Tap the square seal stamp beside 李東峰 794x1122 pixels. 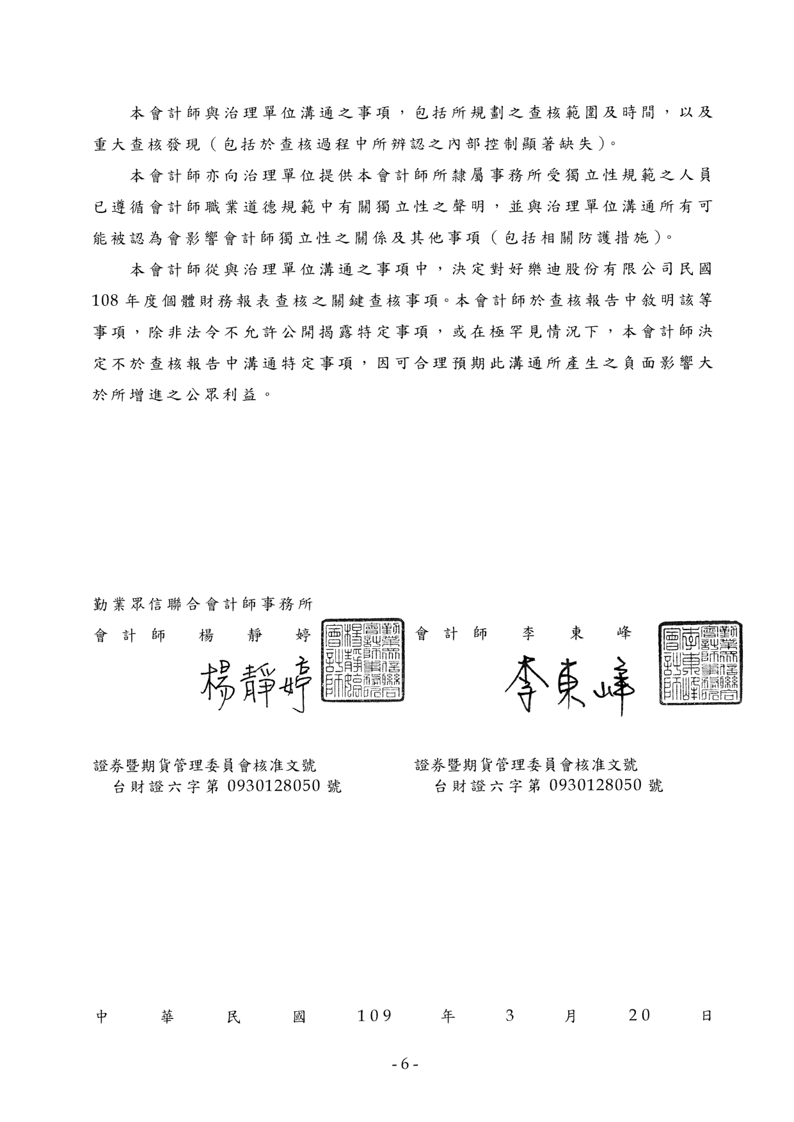[701, 663]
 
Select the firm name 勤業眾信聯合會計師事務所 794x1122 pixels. [203, 604]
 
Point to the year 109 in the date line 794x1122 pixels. [374, 1016]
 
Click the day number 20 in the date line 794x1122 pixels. [640, 1016]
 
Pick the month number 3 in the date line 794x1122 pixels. [509, 1016]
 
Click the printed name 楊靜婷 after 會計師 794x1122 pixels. [255, 635]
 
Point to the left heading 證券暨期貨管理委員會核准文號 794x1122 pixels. [205, 765]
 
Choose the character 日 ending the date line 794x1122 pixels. [706, 1016]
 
